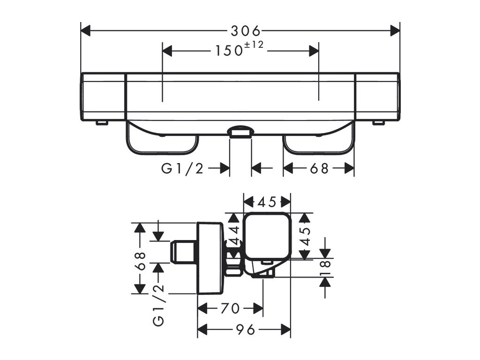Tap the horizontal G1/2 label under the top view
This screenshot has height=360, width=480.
click(183, 168)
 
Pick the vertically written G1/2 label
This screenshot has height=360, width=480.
click(158, 305)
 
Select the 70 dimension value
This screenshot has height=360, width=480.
click(230, 308)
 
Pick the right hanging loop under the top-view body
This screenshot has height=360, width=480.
click(318, 143)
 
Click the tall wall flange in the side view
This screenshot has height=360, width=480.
click(211, 257)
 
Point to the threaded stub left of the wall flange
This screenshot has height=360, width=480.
click(184, 253)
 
